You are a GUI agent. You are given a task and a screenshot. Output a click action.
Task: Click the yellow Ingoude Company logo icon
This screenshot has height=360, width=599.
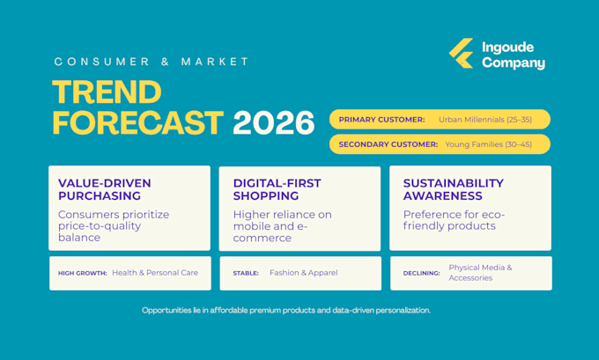pos(461,53)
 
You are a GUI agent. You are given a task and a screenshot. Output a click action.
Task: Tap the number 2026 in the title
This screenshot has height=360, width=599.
pos(274,122)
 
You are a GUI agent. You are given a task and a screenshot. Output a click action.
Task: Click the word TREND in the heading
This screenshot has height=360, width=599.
pos(107,92)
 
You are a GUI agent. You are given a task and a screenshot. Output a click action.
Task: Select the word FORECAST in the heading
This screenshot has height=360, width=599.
pos(138,122)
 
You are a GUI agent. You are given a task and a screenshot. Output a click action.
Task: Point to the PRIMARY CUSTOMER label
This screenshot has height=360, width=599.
pos(381,120)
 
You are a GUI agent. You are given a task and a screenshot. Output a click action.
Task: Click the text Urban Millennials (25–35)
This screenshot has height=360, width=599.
pos(485,120)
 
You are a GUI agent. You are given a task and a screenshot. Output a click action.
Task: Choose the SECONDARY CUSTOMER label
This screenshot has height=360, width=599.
pos(388,144)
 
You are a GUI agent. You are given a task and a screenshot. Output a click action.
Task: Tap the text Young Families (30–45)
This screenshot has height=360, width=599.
pos(489,144)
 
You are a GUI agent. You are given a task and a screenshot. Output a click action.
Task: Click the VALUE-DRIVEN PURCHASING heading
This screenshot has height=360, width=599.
pos(105,189)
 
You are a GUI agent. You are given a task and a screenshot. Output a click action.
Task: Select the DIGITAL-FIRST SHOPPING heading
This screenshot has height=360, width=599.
pos(277,189)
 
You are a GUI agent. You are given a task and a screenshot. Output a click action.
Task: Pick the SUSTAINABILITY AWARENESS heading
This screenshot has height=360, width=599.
pos(454,189)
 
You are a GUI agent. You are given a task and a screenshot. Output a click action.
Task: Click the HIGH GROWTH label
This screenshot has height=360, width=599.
pos(82,274)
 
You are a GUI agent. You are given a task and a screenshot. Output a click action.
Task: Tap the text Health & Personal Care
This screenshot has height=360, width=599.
pos(155,273)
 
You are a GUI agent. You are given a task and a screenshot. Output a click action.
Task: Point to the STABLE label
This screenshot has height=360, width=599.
pos(246,274)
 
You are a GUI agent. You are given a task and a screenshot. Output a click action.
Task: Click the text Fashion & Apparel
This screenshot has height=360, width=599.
pos(304,273)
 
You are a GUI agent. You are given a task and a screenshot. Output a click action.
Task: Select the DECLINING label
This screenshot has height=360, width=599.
pos(421,274)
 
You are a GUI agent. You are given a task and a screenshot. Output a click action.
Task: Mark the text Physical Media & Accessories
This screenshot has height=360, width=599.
pos(481,273)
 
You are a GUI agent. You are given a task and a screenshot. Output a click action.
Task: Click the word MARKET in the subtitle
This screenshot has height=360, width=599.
pos(215,62)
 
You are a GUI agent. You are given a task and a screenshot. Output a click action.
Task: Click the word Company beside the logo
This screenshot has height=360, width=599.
pos(514,63)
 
